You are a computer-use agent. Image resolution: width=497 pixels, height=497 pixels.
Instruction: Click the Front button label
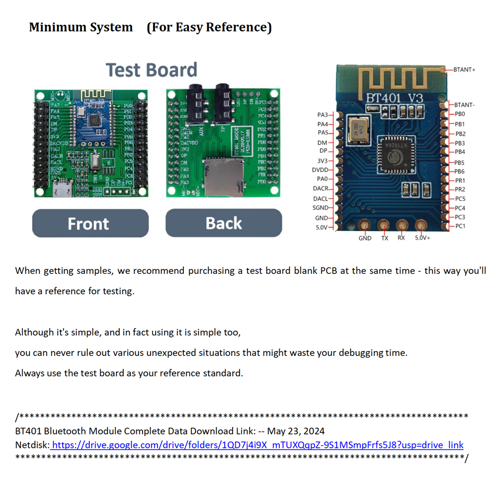[x=88, y=224]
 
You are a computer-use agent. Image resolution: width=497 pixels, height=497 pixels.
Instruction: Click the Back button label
[x=223, y=224]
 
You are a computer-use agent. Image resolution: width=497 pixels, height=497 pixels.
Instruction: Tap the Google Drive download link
[x=257, y=445]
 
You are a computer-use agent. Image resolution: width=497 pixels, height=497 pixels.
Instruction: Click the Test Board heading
[x=152, y=70]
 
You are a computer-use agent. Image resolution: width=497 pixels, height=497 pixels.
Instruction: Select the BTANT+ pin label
[x=464, y=70]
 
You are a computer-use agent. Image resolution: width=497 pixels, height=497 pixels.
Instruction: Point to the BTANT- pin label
[x=464, y=105]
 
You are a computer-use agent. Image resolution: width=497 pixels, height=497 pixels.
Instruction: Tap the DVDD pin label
[x=320, y=170]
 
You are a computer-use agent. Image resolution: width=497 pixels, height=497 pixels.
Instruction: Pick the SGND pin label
[x=320, y=208]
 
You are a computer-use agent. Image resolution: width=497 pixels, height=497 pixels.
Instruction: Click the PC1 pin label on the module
[x=460, y=227]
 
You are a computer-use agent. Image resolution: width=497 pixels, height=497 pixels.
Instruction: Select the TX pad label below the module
[x=384, y=238]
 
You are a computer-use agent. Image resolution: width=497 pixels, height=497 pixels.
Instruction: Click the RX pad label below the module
[x=401, y=238]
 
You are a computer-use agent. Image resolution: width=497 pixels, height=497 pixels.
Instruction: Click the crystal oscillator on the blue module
[x=357, y=128]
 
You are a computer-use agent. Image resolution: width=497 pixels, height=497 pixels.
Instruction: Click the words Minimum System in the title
[x=81, y=27]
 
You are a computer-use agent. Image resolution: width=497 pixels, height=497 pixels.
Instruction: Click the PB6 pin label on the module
[x=460, y=171]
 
